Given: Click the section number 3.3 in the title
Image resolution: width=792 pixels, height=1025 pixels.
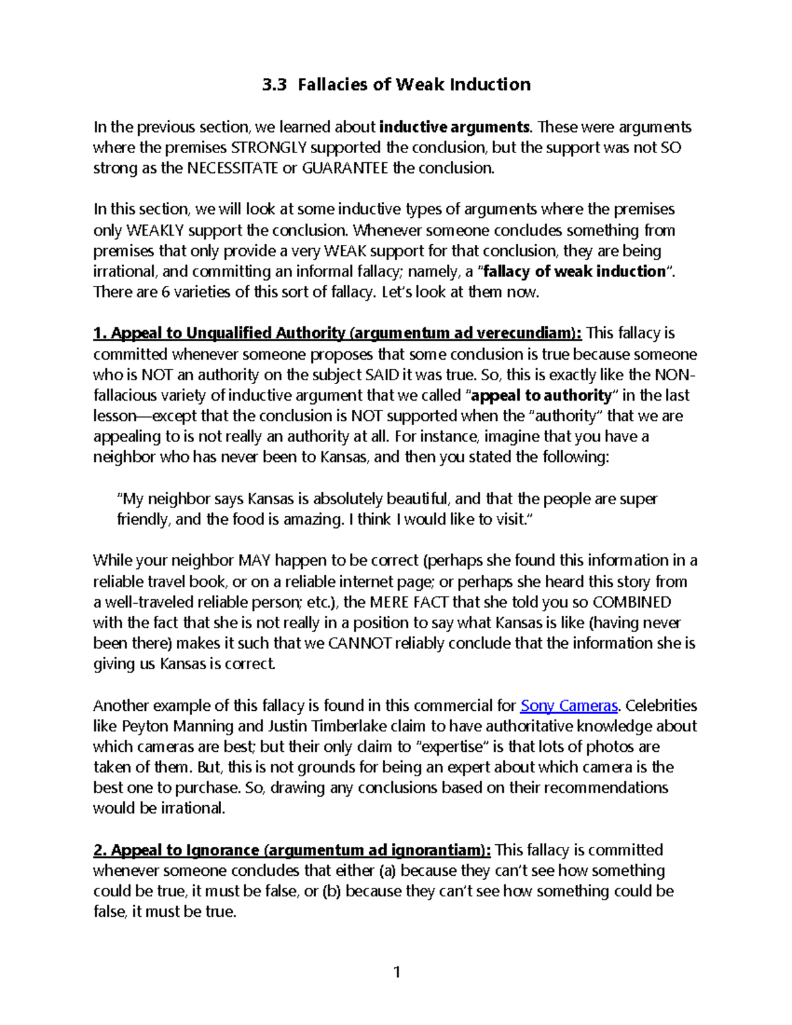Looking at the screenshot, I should [x=274, y=85].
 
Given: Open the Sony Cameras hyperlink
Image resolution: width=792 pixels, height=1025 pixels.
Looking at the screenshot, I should [x=569, y=706].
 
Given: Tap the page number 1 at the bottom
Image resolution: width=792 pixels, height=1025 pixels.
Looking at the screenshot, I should [x=397, y=972].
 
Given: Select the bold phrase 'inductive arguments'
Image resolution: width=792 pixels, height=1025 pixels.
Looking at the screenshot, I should [x=454, y=127].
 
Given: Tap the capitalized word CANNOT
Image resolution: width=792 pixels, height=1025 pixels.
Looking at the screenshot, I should [x=359, y=644].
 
